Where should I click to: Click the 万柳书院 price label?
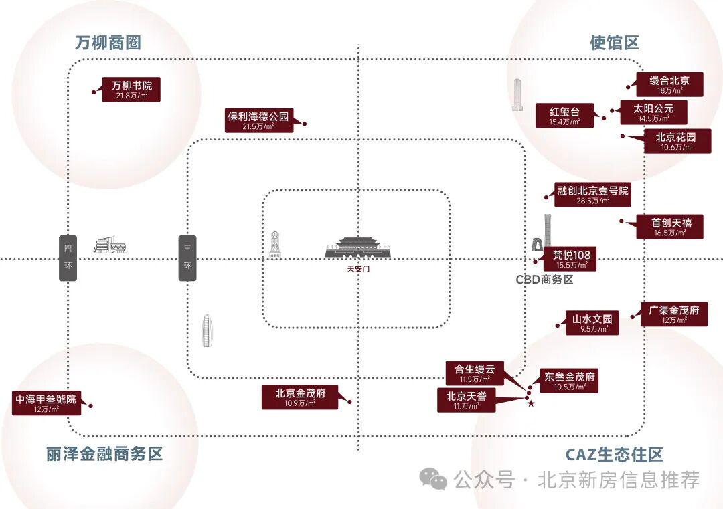(132, 90)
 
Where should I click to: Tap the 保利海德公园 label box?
(258, 120)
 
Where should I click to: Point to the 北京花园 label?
(675, 141)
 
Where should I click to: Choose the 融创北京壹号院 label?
(593, 195)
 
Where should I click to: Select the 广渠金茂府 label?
(673, 314)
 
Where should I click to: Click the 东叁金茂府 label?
(570, 381)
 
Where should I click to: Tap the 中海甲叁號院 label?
(46, 403)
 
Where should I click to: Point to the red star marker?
(531, 403)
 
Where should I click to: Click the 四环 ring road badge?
(68, 258)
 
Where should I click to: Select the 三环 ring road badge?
(188, 258)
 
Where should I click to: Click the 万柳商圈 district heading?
(108, 43)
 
